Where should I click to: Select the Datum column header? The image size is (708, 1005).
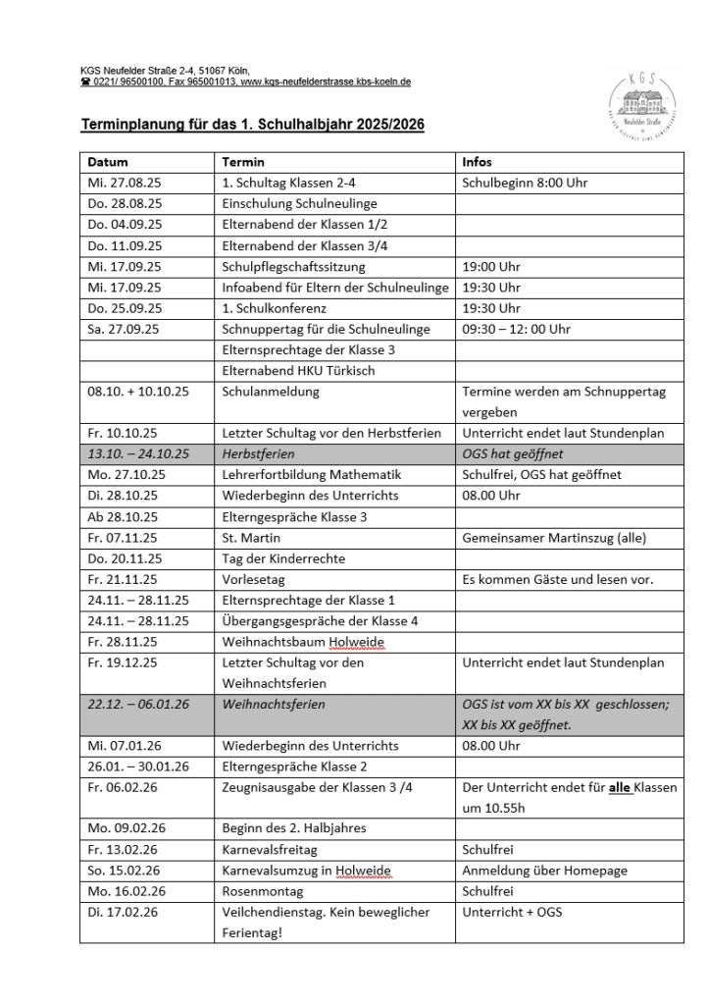(x=108, y=162)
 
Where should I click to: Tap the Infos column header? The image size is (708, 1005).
(x=478, y=162)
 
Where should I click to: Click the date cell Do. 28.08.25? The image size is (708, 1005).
(x=125, y=203)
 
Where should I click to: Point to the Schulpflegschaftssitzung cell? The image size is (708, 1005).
(x=293, y=266)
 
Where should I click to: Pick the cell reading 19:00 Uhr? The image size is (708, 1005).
(x=491, y=266)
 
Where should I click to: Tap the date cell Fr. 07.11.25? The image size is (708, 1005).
(x=123, y=538)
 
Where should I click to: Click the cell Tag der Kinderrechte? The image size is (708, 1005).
(x=283, y=558)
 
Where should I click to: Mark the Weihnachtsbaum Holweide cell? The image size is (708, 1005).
(x=303, y=642)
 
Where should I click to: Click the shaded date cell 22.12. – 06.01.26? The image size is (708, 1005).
(x=137, y=705)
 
